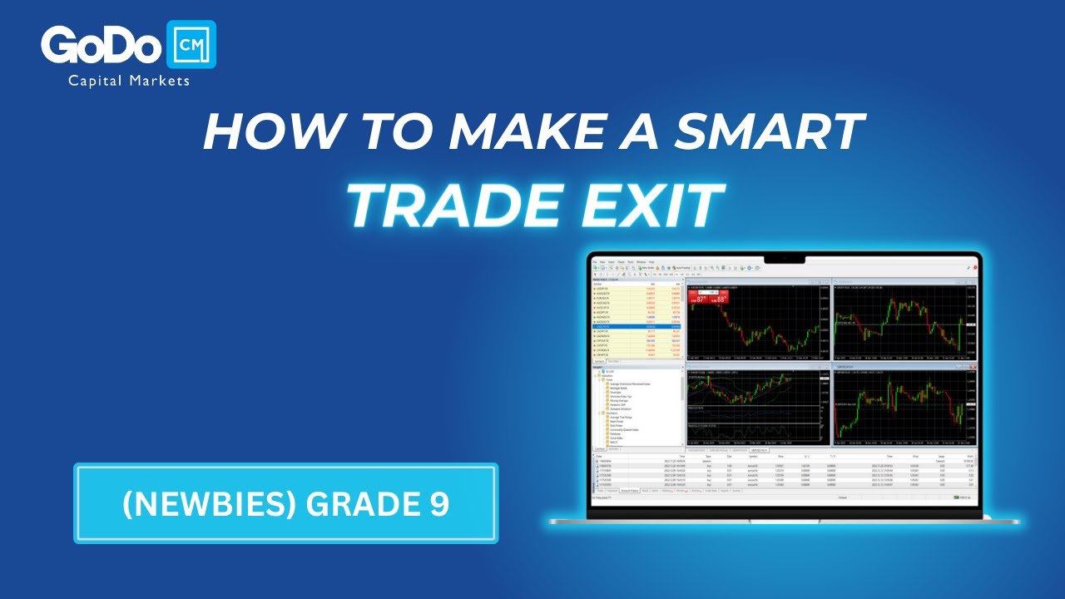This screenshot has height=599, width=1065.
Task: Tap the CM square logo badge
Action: point(191,45)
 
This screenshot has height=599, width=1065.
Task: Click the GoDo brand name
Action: point(101,46)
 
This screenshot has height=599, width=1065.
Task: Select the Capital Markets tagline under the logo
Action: point(129,81)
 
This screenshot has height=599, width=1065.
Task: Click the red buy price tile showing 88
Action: point(721,298)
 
